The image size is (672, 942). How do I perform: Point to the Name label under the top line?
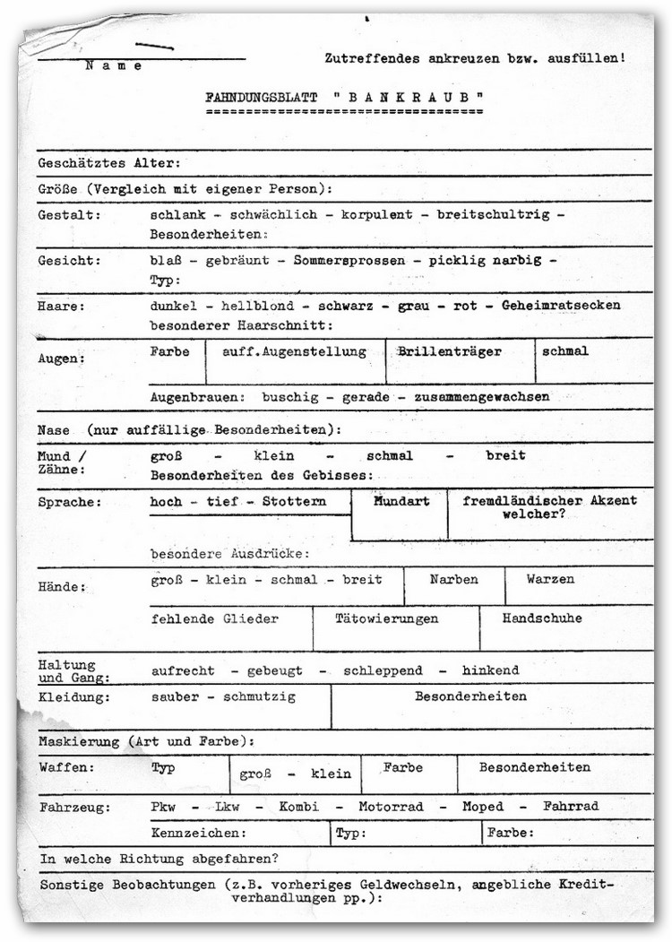(x=114, y=65)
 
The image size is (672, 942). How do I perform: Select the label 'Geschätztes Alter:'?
(x=108, y=163)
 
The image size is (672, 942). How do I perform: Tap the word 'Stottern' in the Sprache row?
(x=294, y=501)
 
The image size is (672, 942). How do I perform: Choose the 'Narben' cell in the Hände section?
(x=453, y=580)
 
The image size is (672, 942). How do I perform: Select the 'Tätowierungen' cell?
(x=387, y=618)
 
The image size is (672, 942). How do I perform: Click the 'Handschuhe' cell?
(x=542, y=618)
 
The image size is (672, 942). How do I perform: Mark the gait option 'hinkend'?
(x=490, y=670)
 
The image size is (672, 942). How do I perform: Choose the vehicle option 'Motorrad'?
(x=391, y=807)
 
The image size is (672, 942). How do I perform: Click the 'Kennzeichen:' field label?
(x=199, y=833)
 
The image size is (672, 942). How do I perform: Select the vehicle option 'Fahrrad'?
(x=571, y=807)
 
